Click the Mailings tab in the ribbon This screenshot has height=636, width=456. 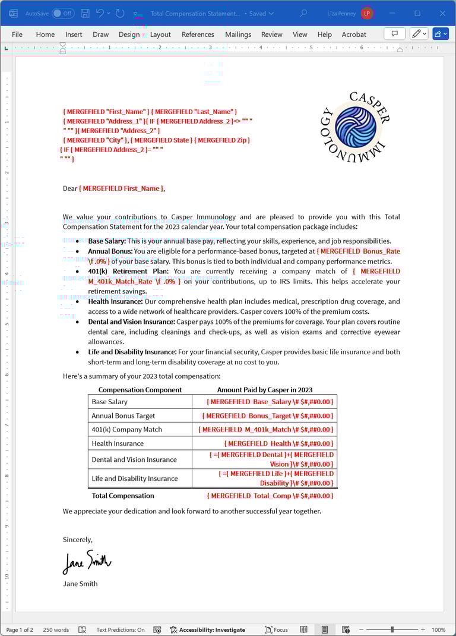tap(238, 34)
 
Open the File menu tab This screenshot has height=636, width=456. tap(17, 34)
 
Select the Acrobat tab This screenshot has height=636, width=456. tap(354, 34)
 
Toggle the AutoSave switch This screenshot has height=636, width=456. tap(63, 13)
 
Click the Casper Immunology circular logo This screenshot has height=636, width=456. tap(355, 127)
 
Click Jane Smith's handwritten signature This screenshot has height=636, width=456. tap(87, 561)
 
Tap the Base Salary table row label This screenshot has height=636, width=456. tap(110, 402)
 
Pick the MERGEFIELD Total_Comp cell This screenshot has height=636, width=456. tap(270, 496)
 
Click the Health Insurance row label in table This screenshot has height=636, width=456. tap(118, 443)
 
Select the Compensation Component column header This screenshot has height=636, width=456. tap(140, 390)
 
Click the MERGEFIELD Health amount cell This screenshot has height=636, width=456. tap(278, 443)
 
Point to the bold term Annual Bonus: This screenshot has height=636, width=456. tap(110, 251)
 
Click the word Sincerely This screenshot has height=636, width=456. tap(78, 540)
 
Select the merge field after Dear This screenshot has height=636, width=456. tap(122, 188)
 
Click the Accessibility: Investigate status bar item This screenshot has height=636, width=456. tap(208, 629)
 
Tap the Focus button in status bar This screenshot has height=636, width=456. tap(277, 629)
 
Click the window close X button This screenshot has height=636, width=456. tap(442, 13)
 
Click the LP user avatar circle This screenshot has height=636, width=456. tap(367, 13)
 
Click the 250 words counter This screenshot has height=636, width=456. tap(56, 629)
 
